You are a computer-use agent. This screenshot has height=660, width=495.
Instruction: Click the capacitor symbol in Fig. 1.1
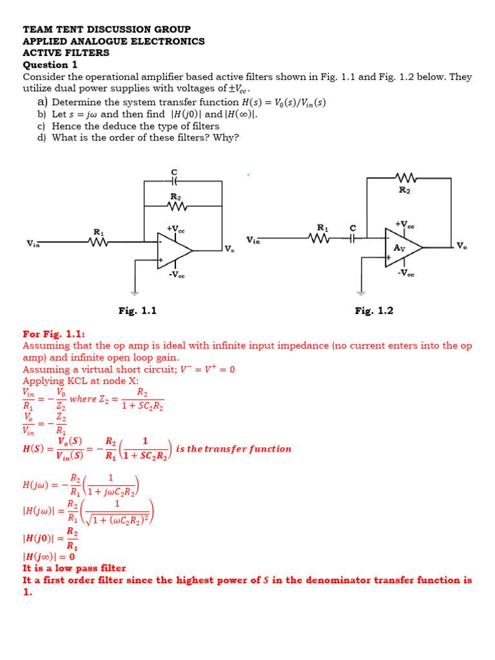point(174,182)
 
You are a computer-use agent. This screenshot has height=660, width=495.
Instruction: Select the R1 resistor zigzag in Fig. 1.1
point(99,242)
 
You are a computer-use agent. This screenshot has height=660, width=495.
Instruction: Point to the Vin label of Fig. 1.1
point(32,243)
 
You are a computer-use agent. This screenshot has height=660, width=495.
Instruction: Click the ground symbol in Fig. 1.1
point(135,293)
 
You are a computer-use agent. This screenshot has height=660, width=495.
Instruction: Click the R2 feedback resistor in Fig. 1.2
point(406,177)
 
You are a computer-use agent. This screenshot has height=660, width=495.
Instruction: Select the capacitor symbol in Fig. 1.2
point(353,238)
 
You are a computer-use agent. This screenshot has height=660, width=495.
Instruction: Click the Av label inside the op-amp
point(399,247)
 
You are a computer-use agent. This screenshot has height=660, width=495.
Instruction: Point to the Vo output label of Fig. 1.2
point(461,246)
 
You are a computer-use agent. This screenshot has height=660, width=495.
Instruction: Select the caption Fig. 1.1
point(137,311)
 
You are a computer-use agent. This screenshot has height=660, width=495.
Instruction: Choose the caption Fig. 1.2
point(374,311)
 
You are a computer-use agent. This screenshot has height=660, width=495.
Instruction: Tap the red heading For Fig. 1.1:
point(53,334)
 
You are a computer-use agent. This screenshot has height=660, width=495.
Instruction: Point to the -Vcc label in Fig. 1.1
point(176,275)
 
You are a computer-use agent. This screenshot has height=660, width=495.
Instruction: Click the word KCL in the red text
point(76,381)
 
